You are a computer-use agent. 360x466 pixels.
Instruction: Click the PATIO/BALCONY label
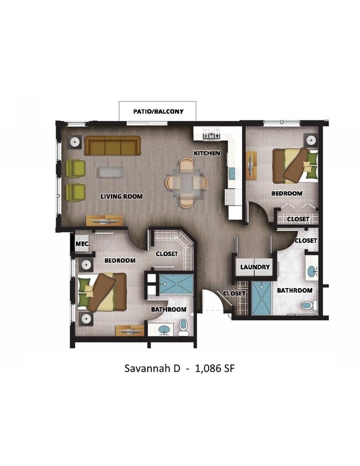(x=158, y=111)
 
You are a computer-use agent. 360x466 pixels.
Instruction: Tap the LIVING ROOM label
(x=121, y=196)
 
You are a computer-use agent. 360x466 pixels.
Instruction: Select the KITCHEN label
(x=207, y=153)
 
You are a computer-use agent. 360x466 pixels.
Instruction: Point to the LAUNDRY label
(x=255, y=267)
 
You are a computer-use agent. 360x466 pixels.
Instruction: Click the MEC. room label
(x=83, y=243)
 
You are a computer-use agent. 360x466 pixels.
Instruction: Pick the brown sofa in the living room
(x=112, y=147)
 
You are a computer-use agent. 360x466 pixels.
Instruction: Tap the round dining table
(x=187, y=182)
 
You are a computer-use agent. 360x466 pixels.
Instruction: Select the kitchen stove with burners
(x=211, y=133)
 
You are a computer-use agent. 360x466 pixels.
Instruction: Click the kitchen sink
(x=233, y=173)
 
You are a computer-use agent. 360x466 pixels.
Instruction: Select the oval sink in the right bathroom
(x=312, y=272)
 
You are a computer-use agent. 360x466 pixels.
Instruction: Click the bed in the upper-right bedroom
(x=296, y=165)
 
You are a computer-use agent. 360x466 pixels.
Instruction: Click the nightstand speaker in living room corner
(x=75, y=142)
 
